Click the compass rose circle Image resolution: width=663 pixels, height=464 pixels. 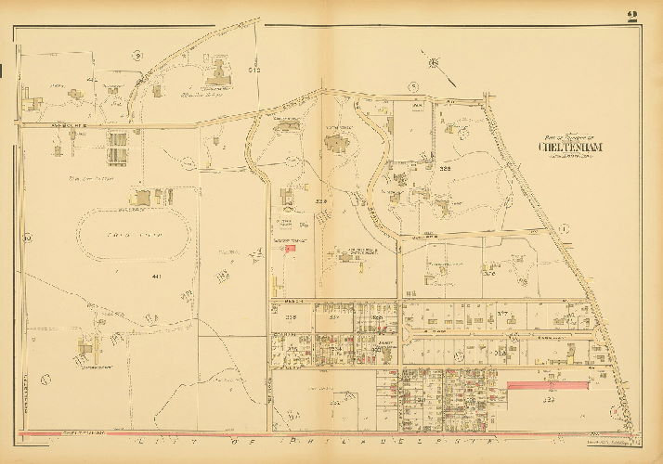[434, 62]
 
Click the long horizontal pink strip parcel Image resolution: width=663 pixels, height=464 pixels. [548, 382]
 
